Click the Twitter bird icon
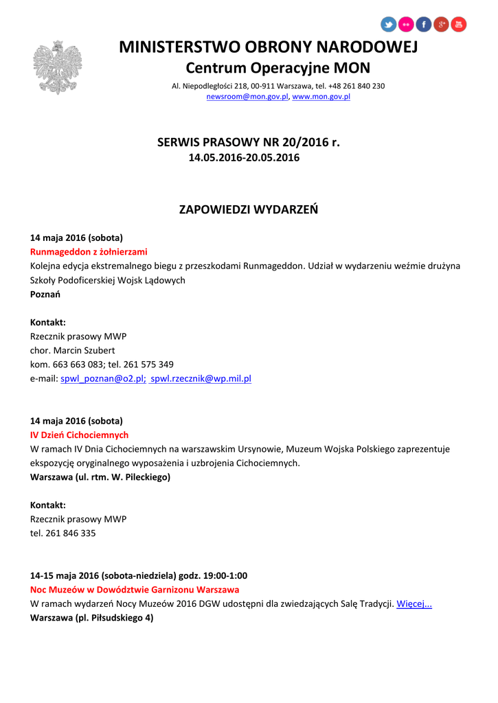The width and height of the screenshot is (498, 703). [389, 25]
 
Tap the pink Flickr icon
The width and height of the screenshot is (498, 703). [406, 25]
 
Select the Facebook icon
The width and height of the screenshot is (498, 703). [424, 25]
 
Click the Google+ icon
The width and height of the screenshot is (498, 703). [441, 25]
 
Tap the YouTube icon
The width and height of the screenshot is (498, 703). [458, 25]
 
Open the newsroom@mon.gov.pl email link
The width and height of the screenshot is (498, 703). [248, 97]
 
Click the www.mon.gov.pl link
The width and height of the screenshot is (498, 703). [321, 97]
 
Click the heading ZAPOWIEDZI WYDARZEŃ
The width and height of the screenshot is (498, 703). [249, 209]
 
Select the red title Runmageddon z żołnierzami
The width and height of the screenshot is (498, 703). [89, 252]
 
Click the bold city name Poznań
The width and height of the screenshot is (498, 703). [45, 295]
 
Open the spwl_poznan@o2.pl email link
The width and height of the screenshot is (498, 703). [103, 378]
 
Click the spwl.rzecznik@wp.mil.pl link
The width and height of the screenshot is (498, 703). [201, 378]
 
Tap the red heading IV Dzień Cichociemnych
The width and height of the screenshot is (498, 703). [79, 435]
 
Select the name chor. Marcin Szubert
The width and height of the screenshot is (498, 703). [73, 350]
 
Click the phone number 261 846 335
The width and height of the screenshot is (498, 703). [71, 533]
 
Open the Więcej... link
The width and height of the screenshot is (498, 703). [414, 604]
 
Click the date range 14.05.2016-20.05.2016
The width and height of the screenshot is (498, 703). [244, 158]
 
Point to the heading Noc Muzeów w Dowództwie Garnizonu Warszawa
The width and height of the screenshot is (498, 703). [135, 590]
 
